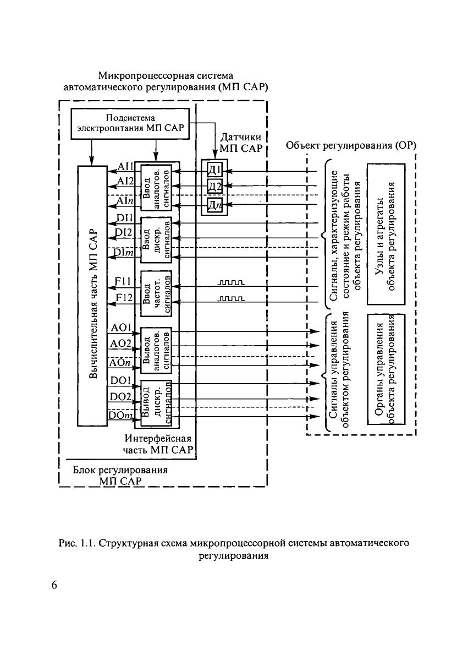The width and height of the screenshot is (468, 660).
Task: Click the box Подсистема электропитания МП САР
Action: [130, 124]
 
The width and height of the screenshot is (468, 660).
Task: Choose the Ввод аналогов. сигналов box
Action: [157, 187]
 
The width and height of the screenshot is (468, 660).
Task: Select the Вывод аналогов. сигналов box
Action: [157, 350]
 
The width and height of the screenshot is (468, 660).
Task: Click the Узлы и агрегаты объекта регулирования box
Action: [386, 233]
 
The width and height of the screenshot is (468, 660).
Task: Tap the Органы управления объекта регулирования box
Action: [386, 369]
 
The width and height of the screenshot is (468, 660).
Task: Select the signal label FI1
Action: [122, 282]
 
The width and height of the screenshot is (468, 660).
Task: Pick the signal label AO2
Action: [120, 343]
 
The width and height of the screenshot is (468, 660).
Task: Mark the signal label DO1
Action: [120, 380]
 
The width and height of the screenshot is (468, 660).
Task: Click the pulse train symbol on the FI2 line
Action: [232, 299]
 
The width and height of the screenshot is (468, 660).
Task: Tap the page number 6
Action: [54, 585]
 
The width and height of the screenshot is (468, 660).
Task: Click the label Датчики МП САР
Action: [240, 142]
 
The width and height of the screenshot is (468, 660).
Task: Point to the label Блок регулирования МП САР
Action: [120, 476]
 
